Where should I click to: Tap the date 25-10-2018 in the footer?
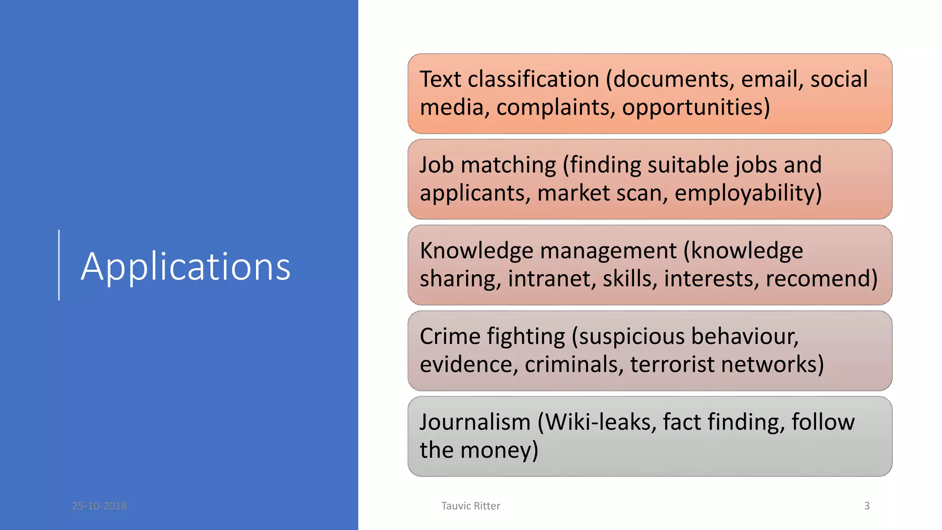[99, 506]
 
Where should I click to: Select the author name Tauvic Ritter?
[471, 506]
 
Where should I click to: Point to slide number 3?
[867, 506]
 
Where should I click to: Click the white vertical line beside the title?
[59, 265]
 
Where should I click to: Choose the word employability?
[745, 193]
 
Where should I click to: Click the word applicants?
[472, 193]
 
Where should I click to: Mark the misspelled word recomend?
[818, 278]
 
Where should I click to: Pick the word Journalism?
[475, 422]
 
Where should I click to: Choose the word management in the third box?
[608, 251]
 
